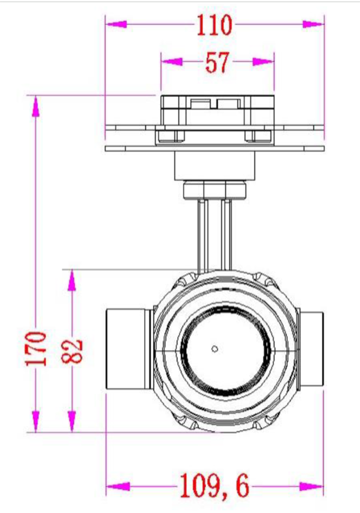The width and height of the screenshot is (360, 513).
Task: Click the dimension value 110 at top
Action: (x=214, y=25)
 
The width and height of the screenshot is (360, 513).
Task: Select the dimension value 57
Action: (x=217, y=63)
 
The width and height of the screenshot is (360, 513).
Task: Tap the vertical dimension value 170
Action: (x=37, y=348)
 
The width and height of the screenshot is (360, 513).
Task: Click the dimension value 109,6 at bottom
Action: (x=214, y=488)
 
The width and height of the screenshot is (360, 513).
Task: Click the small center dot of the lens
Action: (x=215, y=349)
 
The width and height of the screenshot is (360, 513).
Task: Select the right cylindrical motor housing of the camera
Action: (x=311, y=349)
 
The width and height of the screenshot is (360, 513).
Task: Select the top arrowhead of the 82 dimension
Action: (x=71, y=280)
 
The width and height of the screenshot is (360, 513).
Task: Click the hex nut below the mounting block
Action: (x=214, y=190)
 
